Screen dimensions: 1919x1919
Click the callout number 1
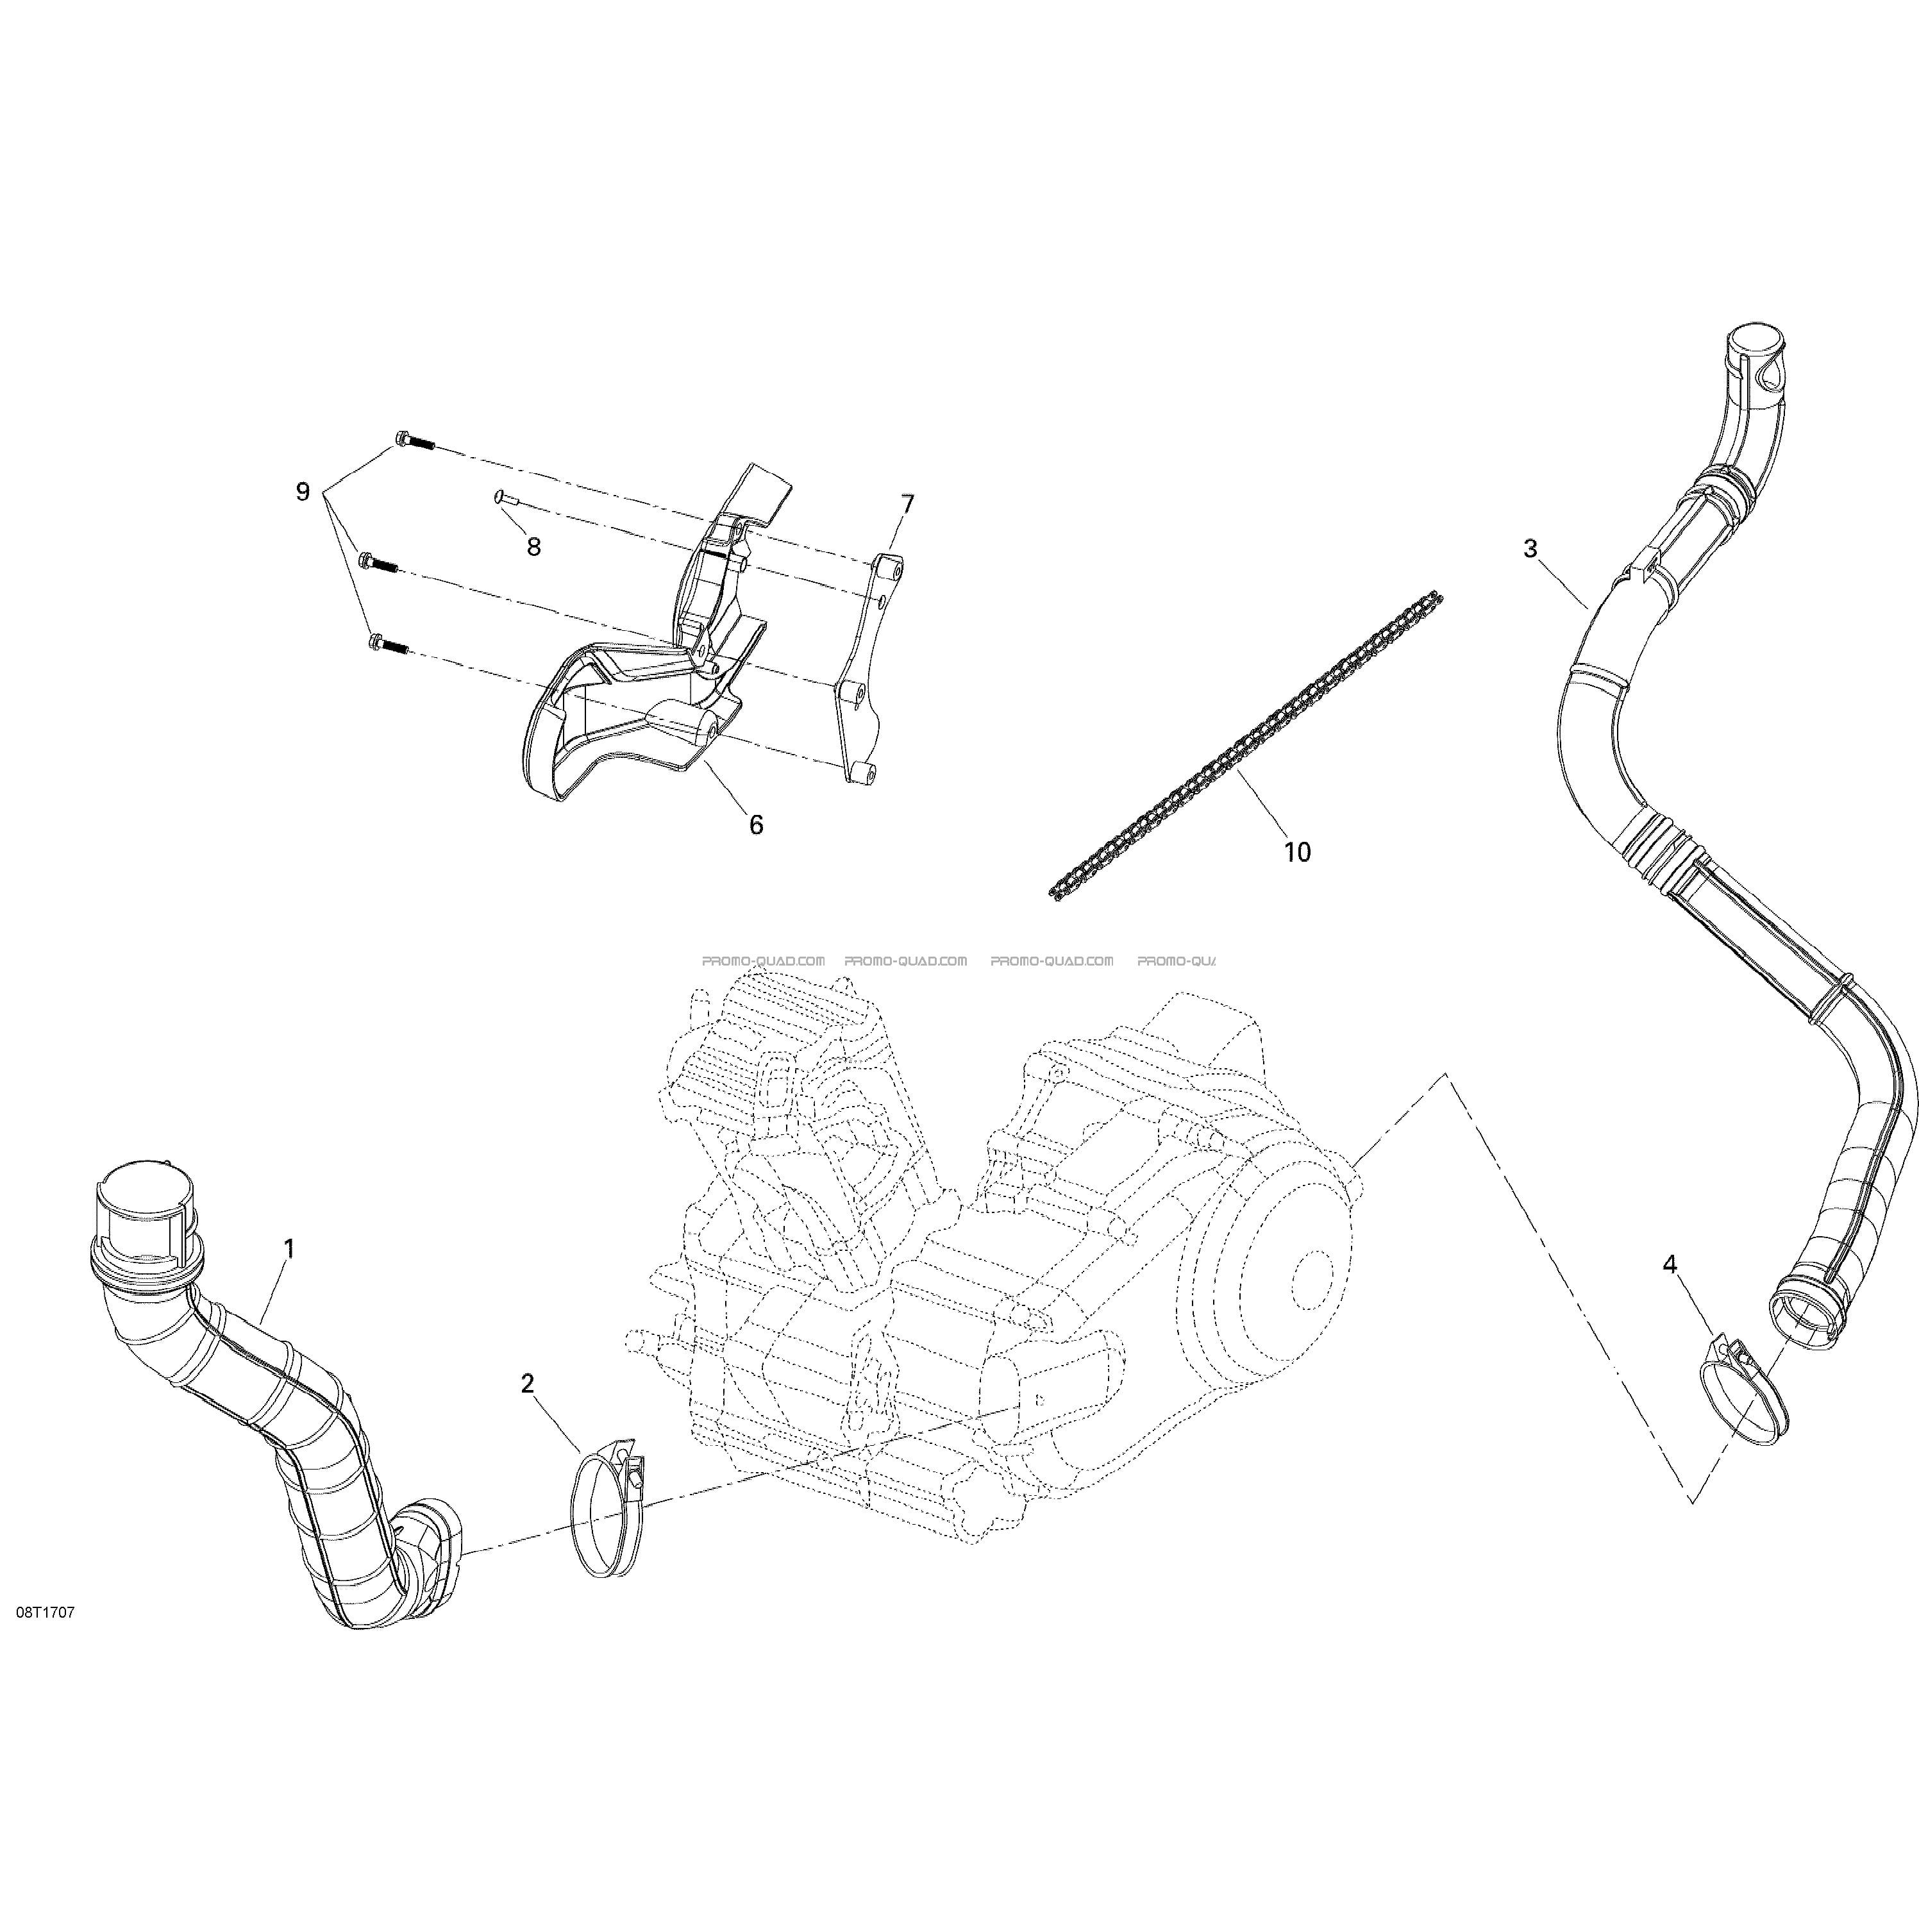(289, 1248)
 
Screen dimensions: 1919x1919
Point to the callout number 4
(1670, 1264)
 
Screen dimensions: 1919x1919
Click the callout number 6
(756, 825)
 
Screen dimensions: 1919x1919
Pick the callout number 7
(907, 505)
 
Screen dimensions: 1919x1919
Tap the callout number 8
(533, 546)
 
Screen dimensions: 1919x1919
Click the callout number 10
(1297, 851)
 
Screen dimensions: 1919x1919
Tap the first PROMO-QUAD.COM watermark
(764, 960)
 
